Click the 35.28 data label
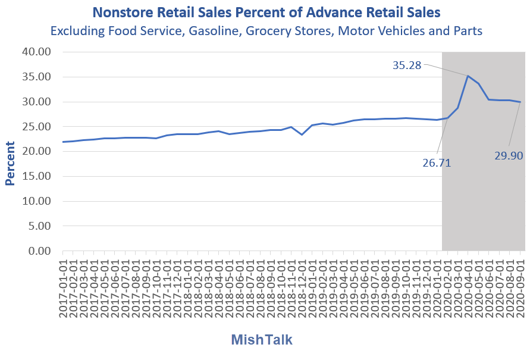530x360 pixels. (407, 65)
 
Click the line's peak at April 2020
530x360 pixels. (468, 76)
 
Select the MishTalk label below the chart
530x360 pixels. (262, 340)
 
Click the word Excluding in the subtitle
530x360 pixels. (77, 31)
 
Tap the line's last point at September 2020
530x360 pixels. (520, 102)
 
